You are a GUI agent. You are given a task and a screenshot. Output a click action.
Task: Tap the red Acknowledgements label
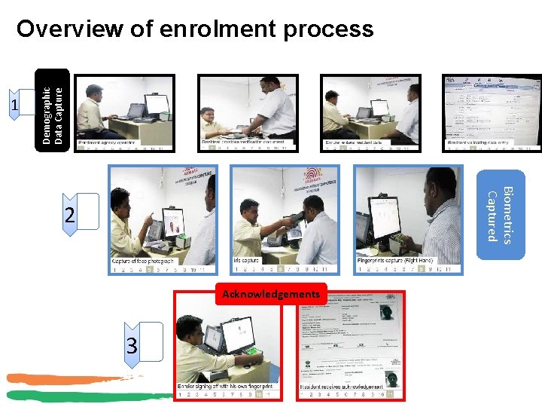click(272, 294)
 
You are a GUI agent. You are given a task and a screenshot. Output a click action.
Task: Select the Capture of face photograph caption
click(143, 261)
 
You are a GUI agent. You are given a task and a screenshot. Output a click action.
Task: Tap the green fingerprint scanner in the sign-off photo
click(251, 352)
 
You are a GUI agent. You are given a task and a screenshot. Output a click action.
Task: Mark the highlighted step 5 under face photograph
click(150, 268)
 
